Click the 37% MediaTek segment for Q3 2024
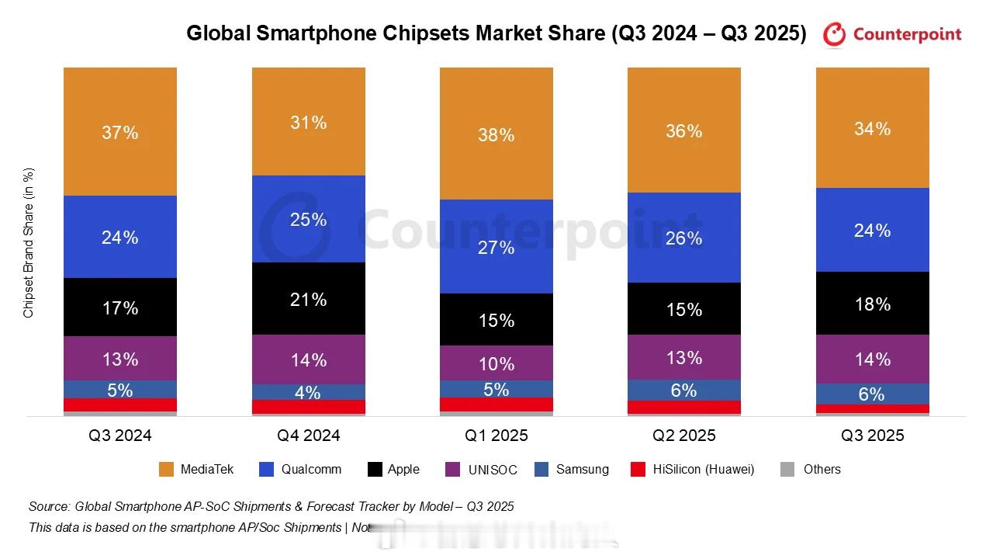(120, 132)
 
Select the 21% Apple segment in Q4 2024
(308, 299)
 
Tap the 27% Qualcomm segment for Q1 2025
(496, 247)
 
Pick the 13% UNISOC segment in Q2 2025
(684, 358)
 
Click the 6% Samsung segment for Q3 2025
(872, 394)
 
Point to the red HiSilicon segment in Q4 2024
(308, 407)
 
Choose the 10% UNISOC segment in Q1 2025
(496, 363)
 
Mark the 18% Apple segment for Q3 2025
(872, 304)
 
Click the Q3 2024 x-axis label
(120, 436)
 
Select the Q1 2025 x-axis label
(496, 436)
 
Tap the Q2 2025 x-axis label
(684, 436)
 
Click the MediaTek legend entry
(196, 469)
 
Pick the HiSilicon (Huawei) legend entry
(692, 469)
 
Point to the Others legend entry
(811, 469)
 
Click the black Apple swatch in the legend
(375, 469)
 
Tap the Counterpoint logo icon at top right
(835, 34)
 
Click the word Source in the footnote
(48, 506)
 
